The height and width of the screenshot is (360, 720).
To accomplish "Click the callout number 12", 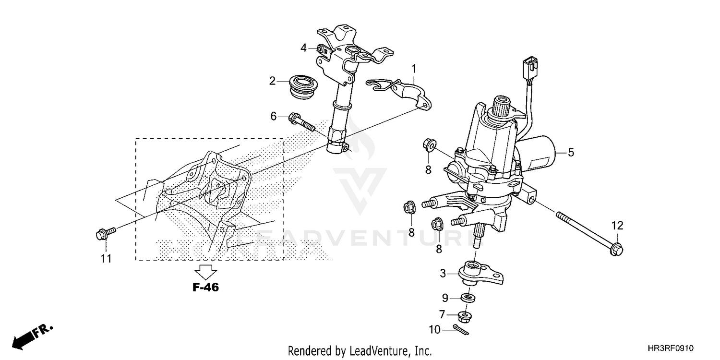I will click(x=617, y=225).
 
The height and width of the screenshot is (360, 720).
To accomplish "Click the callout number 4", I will click(x=303, y=48).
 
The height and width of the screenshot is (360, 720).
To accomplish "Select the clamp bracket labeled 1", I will click(x=401, y=90).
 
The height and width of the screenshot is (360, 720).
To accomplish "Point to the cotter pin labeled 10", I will click(x=462, y=329).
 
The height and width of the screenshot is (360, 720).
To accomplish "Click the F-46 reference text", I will click(x=205, y=288).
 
